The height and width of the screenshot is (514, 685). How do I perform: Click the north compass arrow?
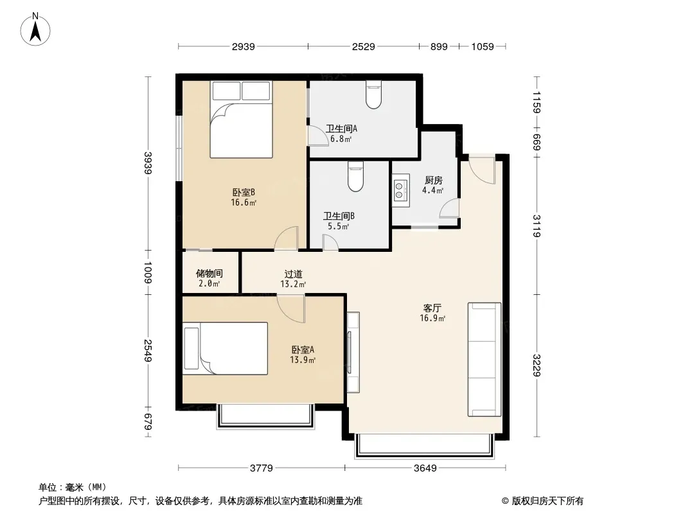[35, 32]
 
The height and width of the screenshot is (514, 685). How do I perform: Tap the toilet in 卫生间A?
[373, 94]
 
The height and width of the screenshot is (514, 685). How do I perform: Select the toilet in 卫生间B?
[355, 177]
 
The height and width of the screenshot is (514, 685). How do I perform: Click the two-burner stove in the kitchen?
[400, 190]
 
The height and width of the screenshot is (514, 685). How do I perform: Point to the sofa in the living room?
[484, 359]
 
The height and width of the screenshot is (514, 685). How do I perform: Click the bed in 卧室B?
[241, 120]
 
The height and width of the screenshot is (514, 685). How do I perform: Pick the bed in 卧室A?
[225, 348]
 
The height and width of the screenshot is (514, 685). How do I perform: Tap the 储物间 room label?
[209, 273]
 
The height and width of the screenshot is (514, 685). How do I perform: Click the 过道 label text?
[293, 274]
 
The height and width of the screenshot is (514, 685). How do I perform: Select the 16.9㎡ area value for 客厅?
[432, 318]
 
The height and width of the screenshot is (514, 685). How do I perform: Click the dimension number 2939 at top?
[244, 46]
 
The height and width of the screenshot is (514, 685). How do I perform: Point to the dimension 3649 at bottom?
[425, 468]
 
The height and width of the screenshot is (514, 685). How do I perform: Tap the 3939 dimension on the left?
[148, 163]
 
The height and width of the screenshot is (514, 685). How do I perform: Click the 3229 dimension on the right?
[537, 365]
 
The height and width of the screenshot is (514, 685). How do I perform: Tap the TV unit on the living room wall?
[353, 353]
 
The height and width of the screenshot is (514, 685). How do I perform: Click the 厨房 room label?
[433, 181]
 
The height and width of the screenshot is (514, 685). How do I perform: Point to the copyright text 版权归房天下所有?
[547, 501]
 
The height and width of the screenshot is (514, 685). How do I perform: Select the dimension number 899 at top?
[439, 46]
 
